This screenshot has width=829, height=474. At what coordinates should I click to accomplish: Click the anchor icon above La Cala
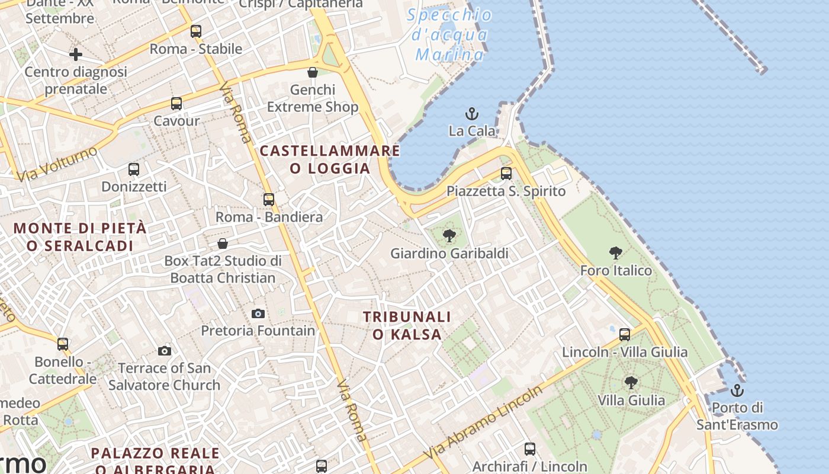click(472, 113)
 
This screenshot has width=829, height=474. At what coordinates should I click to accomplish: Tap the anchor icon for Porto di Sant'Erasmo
click(737, 390)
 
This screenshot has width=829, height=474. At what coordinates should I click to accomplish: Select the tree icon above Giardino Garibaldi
click(449, 236)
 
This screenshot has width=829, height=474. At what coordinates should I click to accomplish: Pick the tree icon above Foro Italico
click(616, 253)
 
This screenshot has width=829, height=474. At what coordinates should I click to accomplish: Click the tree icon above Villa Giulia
click(631, 382)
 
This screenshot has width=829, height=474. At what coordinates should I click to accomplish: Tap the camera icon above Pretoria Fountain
click(258, 313)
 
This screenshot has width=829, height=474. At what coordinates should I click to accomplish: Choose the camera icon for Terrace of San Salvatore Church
click(165, 351)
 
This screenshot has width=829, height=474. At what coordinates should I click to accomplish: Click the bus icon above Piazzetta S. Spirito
click(506, 174)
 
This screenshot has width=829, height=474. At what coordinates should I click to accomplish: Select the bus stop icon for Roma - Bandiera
click(269, 200)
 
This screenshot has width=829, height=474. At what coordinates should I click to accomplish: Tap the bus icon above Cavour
click(176, 104)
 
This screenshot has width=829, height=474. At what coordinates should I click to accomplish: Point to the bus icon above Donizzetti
click(134, 169)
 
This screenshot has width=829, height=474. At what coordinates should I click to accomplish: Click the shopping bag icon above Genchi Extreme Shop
click(313, 72)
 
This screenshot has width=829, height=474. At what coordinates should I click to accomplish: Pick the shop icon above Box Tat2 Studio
click(223, 244)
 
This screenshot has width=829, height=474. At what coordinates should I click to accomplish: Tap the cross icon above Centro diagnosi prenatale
click(76, 55)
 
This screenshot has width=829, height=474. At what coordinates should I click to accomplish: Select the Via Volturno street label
click(57, 164)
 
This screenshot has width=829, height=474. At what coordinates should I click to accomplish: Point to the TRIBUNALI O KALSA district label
click(407, 325)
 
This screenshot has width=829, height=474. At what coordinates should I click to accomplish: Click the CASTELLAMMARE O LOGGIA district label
click(330, 159)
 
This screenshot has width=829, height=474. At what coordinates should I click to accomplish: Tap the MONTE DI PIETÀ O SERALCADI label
click(80, 236)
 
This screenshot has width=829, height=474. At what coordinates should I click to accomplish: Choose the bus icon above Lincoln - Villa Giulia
click(625, 335)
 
